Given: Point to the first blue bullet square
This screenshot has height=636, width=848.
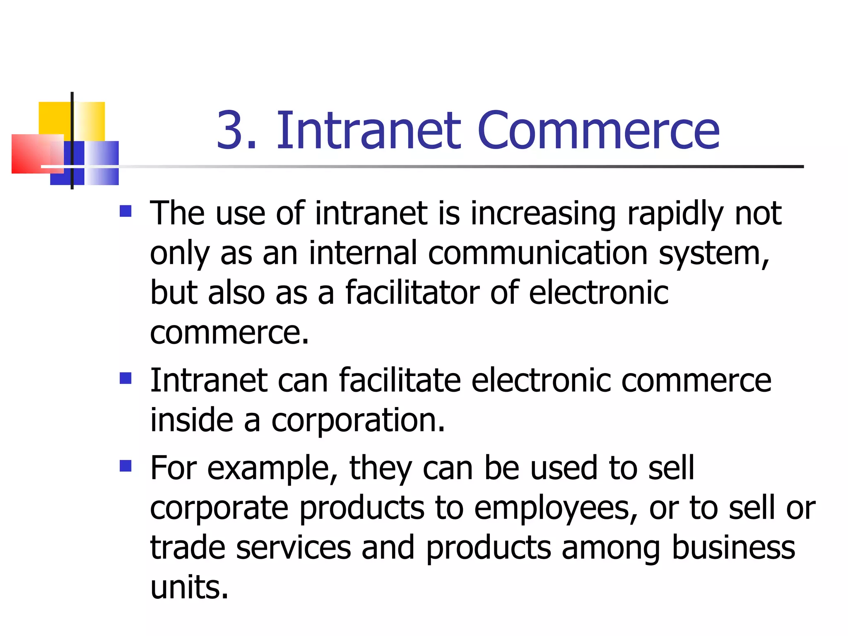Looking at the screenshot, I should pyautogui.click(x=125, y=211).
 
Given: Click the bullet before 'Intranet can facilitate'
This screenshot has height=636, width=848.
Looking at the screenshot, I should pyautogui.click(x=125, y=378).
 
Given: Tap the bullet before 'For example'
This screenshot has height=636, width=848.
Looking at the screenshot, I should pyautogui.click(x=125, y=466).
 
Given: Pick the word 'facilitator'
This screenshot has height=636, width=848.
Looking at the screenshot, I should pyautogui.click(x=412, y=292).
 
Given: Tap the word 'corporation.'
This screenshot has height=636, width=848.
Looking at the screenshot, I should pyautogui.click(x=358, y=421).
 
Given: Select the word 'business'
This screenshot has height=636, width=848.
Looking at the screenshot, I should pyautogui.click(x=733, y=547).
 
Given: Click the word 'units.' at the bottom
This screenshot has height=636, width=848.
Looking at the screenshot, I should pyautogui.click(x=189, y=587).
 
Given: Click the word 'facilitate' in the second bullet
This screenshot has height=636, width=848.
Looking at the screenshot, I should pyautogui.click(x=400, y=380).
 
